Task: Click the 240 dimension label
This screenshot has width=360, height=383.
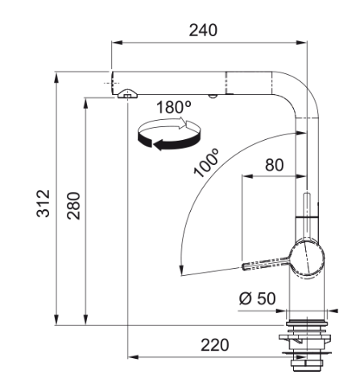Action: (203, 30)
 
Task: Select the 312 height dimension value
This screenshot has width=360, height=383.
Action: (43, 204)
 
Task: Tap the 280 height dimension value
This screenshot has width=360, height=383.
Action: (73, 206)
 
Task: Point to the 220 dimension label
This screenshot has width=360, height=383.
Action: (215, 345)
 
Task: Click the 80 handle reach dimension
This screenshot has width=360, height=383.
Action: (274, 165)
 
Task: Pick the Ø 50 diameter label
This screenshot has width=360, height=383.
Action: (257, 299)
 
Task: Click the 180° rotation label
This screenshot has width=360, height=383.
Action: (173, 107)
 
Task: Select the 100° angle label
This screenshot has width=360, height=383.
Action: (206, 163)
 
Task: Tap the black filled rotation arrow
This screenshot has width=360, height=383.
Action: (169, 142)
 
